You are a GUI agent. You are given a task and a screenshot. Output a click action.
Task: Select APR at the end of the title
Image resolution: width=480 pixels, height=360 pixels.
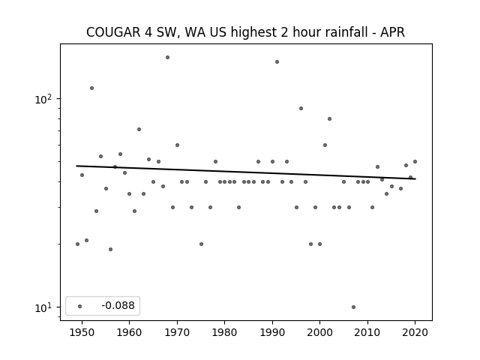pos(392,32)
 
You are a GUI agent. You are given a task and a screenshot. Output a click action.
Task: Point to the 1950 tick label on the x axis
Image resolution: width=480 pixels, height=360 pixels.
pos(82,332)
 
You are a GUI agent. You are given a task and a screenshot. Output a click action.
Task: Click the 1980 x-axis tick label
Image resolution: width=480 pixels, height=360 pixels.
pos(225,332)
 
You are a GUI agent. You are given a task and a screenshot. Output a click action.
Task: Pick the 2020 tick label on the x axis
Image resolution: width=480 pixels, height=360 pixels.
pos(415,332)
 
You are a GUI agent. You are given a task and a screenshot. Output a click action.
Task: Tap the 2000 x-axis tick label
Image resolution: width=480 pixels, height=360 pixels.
pos(320,332)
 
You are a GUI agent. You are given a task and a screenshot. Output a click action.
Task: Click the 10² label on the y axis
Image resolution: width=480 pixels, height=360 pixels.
pos(43,99)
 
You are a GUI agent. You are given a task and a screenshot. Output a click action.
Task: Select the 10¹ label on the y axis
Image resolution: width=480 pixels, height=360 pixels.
pos(43,307)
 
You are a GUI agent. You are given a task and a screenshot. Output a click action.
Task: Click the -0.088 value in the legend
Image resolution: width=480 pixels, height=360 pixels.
pos(118,305)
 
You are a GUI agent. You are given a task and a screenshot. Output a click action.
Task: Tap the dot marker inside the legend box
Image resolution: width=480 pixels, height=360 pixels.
pos(80,306)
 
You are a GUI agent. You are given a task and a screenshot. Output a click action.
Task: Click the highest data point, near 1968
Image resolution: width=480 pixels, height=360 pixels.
pos(167,57)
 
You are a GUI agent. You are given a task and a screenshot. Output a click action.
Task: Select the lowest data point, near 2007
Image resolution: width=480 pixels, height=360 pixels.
pos(353,307)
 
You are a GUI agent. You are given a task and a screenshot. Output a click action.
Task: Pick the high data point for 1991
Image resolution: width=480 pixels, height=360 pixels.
pos(277,61)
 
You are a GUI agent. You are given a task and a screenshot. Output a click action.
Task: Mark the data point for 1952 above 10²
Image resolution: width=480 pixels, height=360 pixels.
pos(91,88)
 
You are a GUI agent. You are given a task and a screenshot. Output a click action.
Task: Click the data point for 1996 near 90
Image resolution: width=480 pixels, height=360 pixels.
pos(301,108)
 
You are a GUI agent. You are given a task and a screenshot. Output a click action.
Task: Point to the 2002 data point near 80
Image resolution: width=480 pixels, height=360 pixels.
pos(329,118)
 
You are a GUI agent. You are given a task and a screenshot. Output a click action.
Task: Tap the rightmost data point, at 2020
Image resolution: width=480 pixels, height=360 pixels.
pos(415,162)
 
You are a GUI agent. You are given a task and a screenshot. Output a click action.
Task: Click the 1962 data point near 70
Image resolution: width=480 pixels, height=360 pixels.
pos(139,130)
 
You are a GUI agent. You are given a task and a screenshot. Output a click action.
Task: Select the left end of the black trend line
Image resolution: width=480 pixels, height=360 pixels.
pos(76,166)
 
